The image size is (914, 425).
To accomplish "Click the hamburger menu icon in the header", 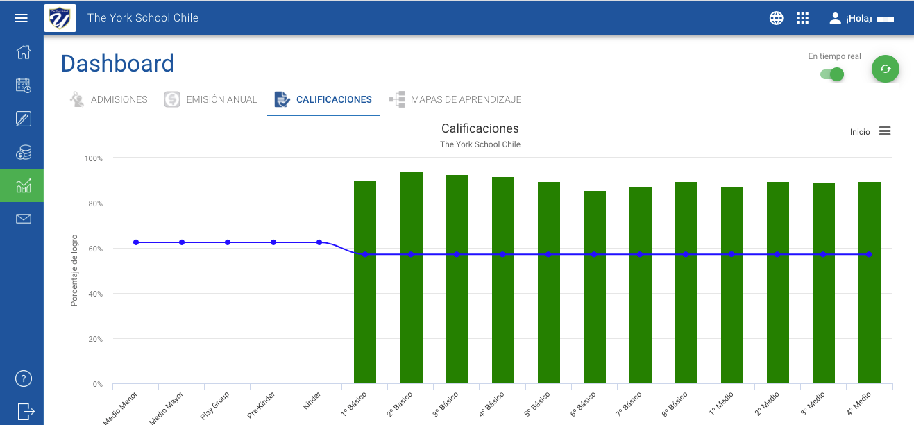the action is click(x=22, y=18).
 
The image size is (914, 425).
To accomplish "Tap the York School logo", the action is click(x=60, y=18).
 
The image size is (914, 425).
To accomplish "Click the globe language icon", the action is click(x=776, y=18).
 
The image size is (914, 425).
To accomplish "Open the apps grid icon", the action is click(x=802, y=18).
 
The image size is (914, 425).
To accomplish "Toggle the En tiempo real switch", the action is click(x=832, y=74).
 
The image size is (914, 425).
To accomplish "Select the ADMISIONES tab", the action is click(x=108, y=99).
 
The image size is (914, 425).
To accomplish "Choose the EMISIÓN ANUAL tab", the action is click(x=210, y=99).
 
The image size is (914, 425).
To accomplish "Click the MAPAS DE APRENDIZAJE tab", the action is click(x=455, y=99).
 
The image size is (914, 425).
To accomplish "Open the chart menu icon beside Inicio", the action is click(x=885, y=131).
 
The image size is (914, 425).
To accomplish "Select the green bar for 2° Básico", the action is click(x=412, y=278).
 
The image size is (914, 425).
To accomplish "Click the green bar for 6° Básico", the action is click(x=595, y=287).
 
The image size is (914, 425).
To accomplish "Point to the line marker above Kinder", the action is click(x=319, y=242).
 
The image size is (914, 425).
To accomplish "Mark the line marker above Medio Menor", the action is click(x=136, y=242).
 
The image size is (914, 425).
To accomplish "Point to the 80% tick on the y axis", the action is click(x=96, y=203).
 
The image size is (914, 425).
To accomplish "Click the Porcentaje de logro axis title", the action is click(x=74, y=270).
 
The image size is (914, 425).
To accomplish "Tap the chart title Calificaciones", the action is click(x=480, y=128).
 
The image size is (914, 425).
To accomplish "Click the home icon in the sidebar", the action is click(x=24, y=52).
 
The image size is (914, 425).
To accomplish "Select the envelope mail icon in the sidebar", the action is click(x=24, y=219).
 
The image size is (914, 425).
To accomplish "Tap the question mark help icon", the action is click(x=24, y=378).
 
